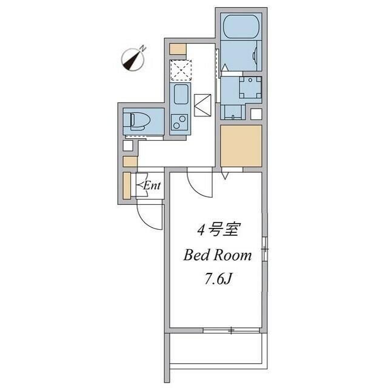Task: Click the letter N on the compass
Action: tap(143, 48)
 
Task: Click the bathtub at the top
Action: tap(241, 27)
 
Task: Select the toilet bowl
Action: tap(140, 121)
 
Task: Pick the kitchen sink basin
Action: tap(181, 94)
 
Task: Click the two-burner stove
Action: tap(180, 122)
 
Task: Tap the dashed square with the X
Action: tap(181, 70)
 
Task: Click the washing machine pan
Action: tap(250, 87)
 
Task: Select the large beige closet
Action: tap(241, 145)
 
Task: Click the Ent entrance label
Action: tap(152, 186)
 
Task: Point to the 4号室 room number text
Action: tap(218, 231)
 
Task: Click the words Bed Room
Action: tap(217, 255)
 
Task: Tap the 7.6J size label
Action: tap(218, 279)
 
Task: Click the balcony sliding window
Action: tap(231, 330)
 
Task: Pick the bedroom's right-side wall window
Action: tap(265, 249)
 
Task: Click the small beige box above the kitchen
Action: tap(178, 48)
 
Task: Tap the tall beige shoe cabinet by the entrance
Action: tap(127, 186)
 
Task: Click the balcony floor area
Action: tap(216, 349)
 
